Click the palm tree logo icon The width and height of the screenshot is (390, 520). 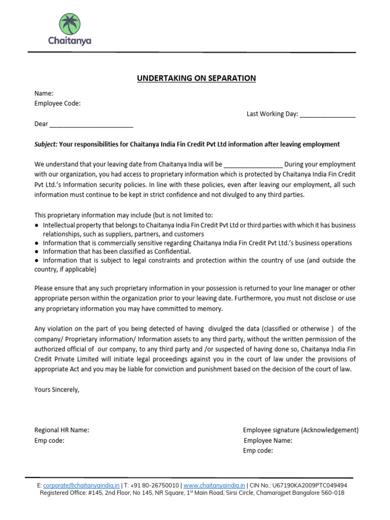point(70,24)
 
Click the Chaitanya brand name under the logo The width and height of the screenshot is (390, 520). point(70,41)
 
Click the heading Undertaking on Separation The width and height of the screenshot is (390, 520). point(196,78)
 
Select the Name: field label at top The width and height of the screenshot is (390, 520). point(44,93)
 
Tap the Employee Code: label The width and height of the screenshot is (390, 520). point(57,104)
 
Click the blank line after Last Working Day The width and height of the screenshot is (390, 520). point(328,115)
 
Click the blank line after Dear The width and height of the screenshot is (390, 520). point(91,124)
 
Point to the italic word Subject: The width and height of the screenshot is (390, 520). point(46,144)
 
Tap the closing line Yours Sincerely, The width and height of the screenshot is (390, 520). point(57,389)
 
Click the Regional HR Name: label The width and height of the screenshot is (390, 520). point(61,430)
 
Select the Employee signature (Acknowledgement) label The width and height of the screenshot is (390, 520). point(301,430)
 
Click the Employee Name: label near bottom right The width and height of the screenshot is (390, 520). point(268,440)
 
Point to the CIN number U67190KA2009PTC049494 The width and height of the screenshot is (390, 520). point(312,485)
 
